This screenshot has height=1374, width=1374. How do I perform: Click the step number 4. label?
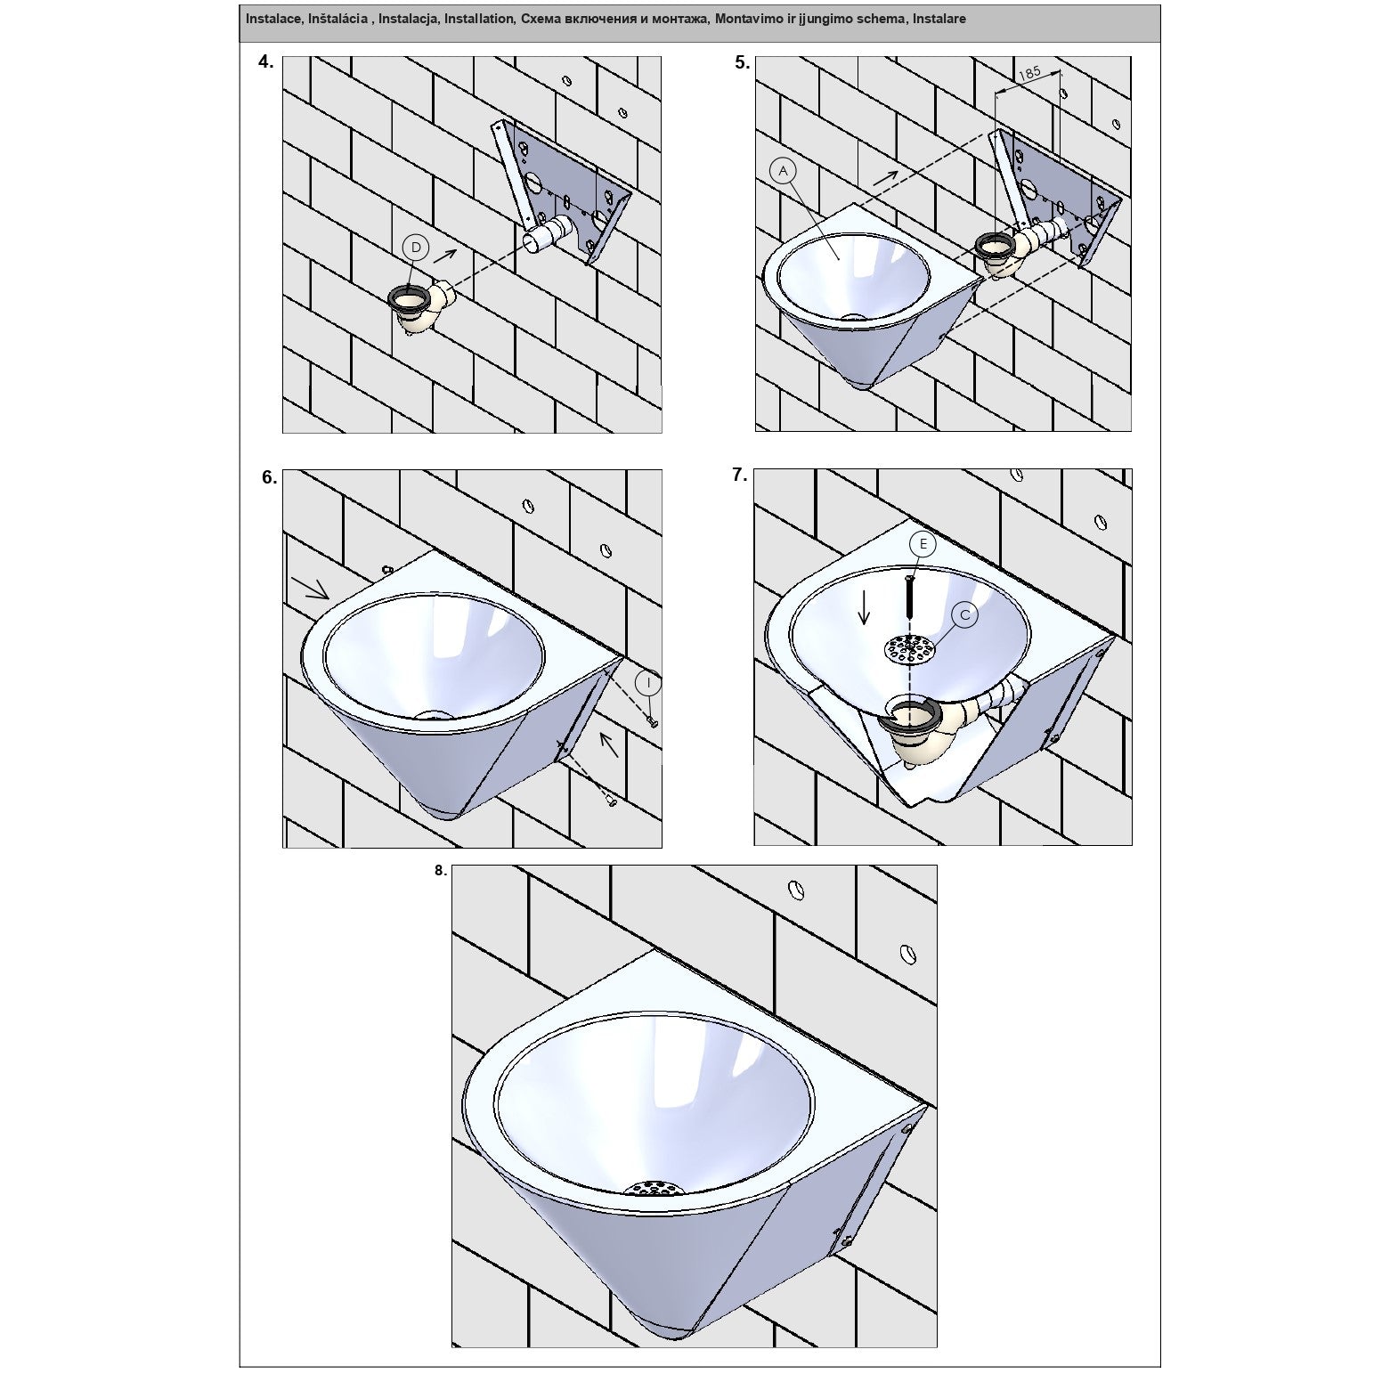(265, 62)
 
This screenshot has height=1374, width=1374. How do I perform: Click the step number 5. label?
(743, 63)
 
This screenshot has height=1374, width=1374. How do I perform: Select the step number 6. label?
(269, 477)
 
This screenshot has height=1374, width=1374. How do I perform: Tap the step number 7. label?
(739, 476)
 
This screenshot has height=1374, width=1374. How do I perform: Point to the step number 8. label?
(440, 871)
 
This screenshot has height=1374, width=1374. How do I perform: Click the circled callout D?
(416, 248)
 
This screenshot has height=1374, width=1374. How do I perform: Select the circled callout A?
(783, 170)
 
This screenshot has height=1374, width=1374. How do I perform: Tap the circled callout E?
(922, 544)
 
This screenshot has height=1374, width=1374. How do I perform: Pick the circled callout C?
(964, 614)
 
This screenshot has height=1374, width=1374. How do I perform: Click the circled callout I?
(649, 683)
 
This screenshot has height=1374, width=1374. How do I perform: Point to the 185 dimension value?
(1028, 74)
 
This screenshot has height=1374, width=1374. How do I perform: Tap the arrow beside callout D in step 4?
(445, 256)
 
